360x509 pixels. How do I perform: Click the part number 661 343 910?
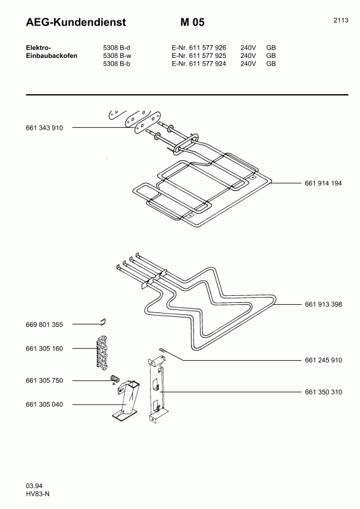coord(44,128)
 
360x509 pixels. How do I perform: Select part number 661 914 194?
coord(323,183)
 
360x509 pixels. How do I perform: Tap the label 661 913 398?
coord(323,305)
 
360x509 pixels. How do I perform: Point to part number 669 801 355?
coord(44,324)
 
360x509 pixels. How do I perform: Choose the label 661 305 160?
coord(44,349)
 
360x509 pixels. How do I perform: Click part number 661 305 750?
coord(44,380)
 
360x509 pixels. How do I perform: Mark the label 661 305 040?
coord(44,405)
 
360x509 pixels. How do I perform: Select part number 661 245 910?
coord(323,360)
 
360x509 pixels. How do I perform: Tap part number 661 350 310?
coord(323,392)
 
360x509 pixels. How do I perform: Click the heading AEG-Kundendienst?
coord(76,22)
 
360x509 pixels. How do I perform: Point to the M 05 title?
coord(193,22)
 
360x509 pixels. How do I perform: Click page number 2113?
coord(340,20)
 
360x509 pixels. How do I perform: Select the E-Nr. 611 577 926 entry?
coord(198,48)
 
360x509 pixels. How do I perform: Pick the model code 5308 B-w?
coord(117,56)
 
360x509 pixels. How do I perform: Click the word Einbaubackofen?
coord(52,56)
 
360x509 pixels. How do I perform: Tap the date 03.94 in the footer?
coord(34,486)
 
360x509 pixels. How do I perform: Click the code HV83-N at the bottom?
coord(38,494)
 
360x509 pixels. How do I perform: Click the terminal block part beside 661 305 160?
coord(102,352)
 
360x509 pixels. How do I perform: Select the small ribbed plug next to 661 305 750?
coord(115,379)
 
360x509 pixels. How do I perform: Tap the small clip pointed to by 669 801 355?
coord(103,322)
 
